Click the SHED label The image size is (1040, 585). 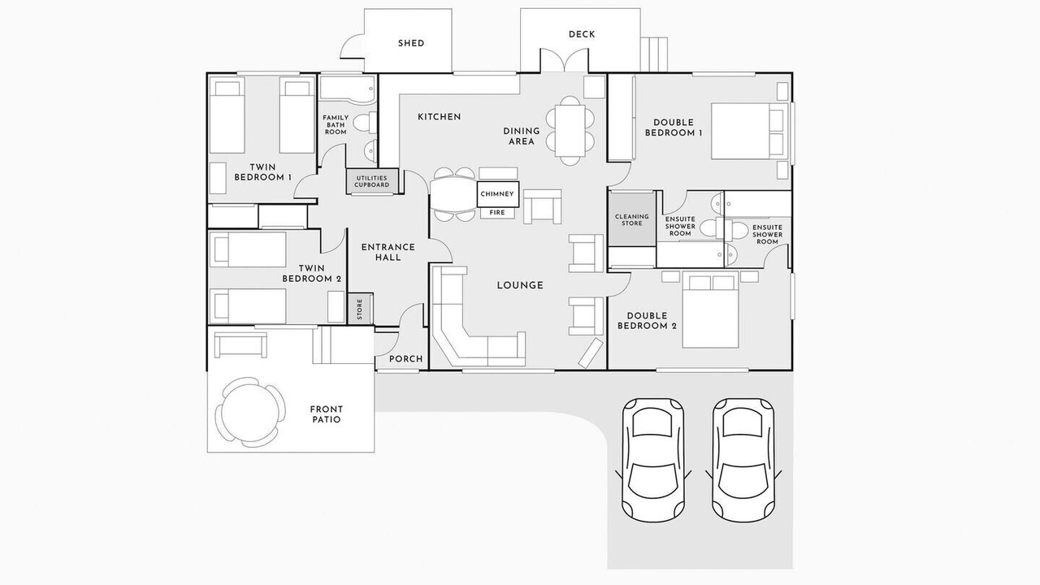[x=411, y=43]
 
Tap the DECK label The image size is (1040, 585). [x=582, y=34]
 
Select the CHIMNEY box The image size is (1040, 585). [x=497, y=194]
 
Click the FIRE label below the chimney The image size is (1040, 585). [x=497, y=213]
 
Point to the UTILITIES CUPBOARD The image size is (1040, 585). [x=372, y=181]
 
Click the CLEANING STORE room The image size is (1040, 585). [x=632, y=219]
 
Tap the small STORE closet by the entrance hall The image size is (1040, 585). [x=360, y=309]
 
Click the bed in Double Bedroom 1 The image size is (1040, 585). [x=750, y=132]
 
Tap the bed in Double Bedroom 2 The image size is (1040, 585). [x=710, y=310]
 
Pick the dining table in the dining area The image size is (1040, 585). [x=570, y=131]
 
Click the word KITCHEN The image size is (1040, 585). [x=440, y=117]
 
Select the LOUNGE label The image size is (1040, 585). [x=520, y=285]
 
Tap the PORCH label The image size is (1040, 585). [x=405, y=359]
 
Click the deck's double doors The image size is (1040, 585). [x=564, y=60]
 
